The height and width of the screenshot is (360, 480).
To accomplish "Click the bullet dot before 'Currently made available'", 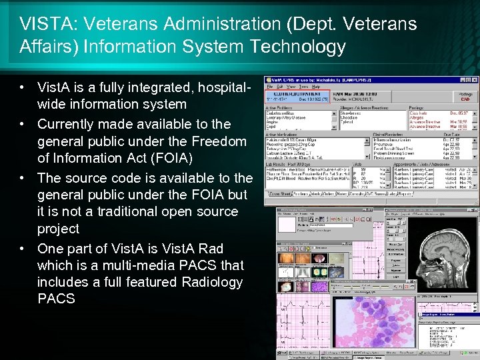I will pos(23,124).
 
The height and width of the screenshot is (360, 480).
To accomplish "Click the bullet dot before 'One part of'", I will pos(23,249).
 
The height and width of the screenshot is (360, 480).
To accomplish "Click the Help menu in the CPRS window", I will pos(316,87).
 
